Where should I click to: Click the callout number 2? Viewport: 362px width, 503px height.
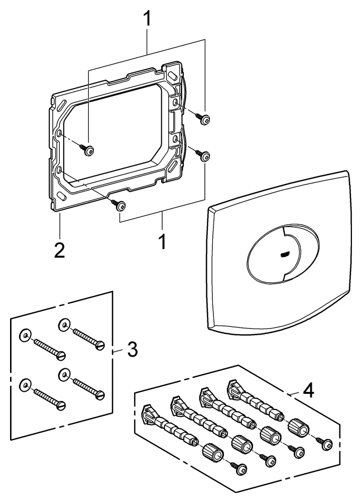[60, 249]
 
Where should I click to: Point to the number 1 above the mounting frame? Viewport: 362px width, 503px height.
[147, 21]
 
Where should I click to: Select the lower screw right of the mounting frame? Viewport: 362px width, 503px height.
[204, 157]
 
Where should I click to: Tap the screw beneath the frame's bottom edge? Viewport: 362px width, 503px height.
[120, 205]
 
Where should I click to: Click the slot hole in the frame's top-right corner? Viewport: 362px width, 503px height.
[174, 72]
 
